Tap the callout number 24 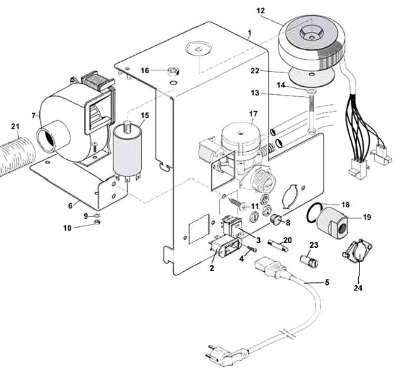[x=357, y=288]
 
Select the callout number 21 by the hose [x=15, y=126]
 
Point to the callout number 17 [x=253, y=114]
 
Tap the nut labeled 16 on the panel [x=174, y=70]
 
